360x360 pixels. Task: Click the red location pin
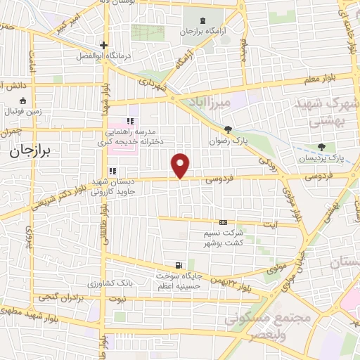click(x=181, y=165)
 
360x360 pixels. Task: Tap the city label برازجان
click(x=31, y=153)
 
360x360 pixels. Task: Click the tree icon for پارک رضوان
click(x=227, y=129)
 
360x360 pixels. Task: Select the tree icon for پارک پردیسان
click(x=321, y=148)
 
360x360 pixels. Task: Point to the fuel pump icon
click(x=179, y=266)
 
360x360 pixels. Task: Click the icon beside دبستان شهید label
click(x=112, y=171)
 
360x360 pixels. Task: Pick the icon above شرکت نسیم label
click(x=224, y=222)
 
